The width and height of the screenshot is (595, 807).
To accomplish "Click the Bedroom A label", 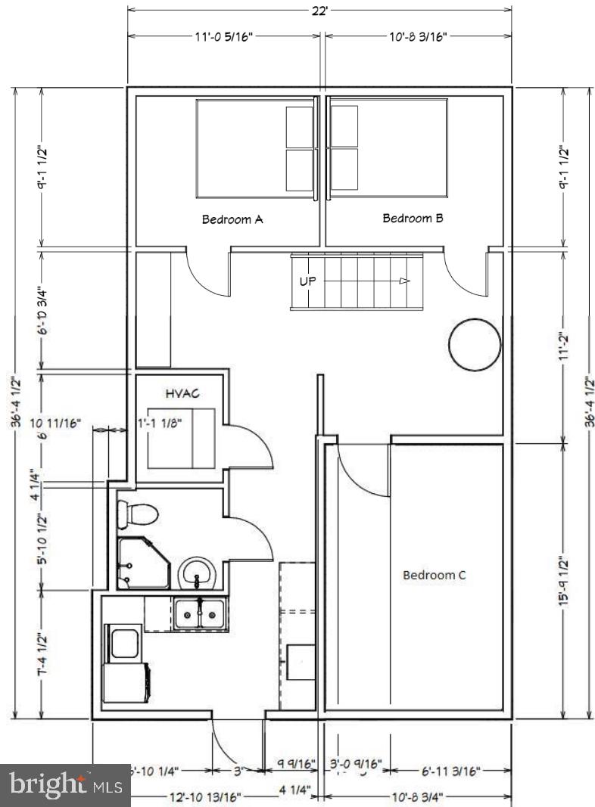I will point(232,220).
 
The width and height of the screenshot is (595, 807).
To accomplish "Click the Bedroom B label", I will point(413,219).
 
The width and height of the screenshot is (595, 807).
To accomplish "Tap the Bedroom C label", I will point(434,575).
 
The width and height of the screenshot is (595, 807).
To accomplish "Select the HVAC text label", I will point(181,393).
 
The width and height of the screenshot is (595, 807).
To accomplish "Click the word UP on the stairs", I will point(308,281).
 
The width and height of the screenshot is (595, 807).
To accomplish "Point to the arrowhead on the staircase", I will point(405,281).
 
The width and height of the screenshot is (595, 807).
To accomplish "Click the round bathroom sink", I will point(198,573).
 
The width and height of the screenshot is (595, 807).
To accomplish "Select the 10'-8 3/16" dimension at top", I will point(419,36).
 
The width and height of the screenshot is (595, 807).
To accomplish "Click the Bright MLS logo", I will point(65,785).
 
